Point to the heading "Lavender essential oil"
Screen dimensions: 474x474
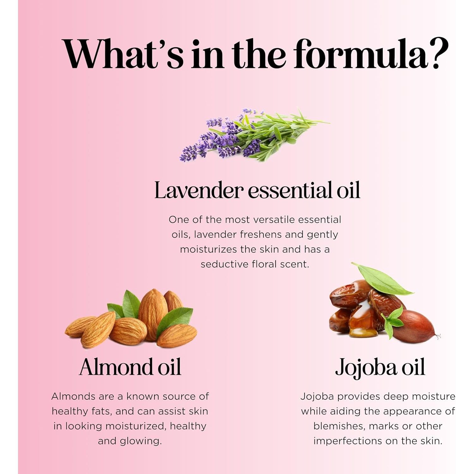(257, 190)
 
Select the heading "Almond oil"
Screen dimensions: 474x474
(130, 367)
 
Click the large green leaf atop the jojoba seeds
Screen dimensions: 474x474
(382, 278)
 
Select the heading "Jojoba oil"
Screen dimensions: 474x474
(380, 368)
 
